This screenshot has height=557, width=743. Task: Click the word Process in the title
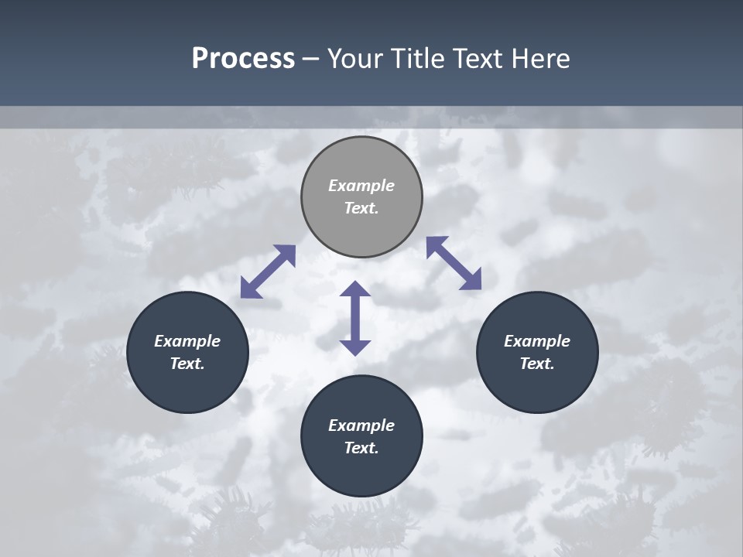pos(243,59)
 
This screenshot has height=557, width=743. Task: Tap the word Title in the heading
pos(419,59)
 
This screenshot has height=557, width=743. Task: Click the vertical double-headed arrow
pos(355,318)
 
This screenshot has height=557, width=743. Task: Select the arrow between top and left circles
pos(268,272)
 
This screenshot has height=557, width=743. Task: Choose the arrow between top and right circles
pos(454,263)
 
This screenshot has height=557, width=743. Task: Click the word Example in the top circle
pos(361,186)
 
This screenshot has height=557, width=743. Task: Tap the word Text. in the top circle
pos(361,208)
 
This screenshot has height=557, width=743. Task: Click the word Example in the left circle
pos(187,341)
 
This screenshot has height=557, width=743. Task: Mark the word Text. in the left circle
pos(187,364)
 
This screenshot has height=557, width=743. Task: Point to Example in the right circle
pos(537,341)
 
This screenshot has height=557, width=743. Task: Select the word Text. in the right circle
pos(537,364)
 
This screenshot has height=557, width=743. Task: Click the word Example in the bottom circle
pos(361,425)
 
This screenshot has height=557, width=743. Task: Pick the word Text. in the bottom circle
pos(361,448)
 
